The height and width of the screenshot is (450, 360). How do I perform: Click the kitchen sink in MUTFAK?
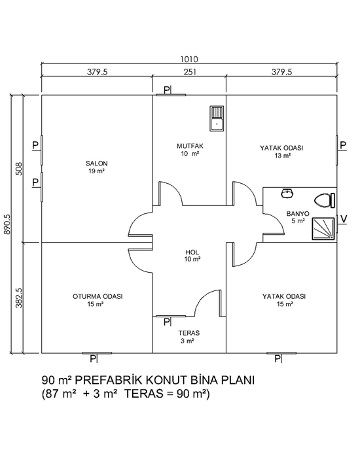click(x=217, y=118)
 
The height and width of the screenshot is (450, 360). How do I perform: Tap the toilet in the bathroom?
click(x=325, y=201)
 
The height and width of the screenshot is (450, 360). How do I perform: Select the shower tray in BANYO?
click(x=323, y=229)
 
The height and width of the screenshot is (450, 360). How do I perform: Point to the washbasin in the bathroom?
click(x=287, y=193)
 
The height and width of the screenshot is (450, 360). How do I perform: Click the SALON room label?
click(x=96, y=164)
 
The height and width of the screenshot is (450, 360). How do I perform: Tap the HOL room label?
click(x=192, y=252)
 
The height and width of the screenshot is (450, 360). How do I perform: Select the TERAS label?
click(x=189, y=333)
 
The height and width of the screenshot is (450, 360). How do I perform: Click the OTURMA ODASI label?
click(x=98, y=296)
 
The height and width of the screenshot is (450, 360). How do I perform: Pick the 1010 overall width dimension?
click(x=189, y=59)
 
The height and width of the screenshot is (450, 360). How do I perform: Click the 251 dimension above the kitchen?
click(x=190, y=71)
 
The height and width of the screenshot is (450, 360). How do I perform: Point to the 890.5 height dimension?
click(x=7, y=224)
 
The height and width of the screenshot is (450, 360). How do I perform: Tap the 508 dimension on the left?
click(x=19, y=169)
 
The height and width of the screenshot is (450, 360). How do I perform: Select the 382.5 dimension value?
click(x=19, y=298)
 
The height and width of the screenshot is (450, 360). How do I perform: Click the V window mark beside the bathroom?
click(x=344, y=219)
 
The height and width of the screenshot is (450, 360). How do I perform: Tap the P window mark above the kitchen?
click(x=167, y=90)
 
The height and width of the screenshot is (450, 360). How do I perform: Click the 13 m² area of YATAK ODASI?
click(x=282, y=156)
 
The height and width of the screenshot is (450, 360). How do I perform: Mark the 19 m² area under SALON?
click(x=96, y=171)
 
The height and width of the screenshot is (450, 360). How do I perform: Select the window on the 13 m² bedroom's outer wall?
click(x=336, y=150)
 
